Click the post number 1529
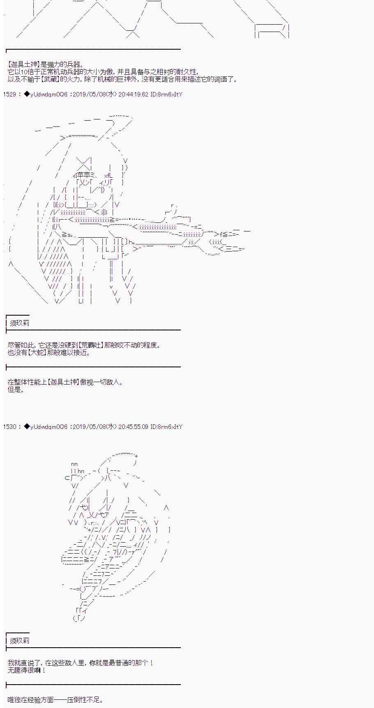(x=9, y=94)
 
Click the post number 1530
(x=9, y=427)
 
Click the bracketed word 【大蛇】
(x=37, y=353)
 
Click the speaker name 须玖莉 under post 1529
(x=19, y=323)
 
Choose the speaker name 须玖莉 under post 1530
(x=19, y=641)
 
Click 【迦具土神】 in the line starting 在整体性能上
(x=63, y=382)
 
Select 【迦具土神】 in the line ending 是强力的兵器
(x=23, y=64)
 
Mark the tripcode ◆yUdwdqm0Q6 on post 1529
(x=46, y=94)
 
